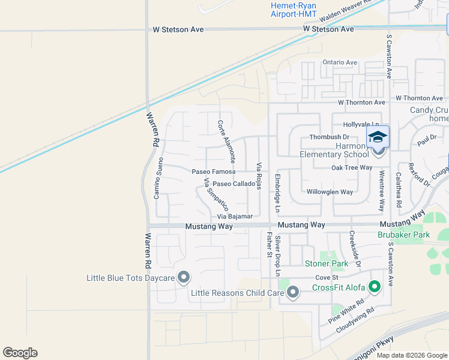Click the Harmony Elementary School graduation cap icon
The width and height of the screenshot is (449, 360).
[x=378, y=137]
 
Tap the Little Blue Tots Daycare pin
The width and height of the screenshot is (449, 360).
[x=184, y=278]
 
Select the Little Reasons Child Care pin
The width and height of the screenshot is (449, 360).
[x=293, y=292]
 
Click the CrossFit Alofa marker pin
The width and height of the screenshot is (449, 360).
[x=375, y=287]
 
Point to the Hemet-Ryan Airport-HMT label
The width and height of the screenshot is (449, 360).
[x=294, y=9]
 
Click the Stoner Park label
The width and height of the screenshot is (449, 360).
[x=327, y=263]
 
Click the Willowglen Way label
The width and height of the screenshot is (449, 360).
[x=330, y=192]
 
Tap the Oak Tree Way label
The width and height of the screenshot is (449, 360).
[x=352, y=167]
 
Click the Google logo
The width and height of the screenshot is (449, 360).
[x=20, y=353]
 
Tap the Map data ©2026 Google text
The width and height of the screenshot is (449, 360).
[x=412, y=355]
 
